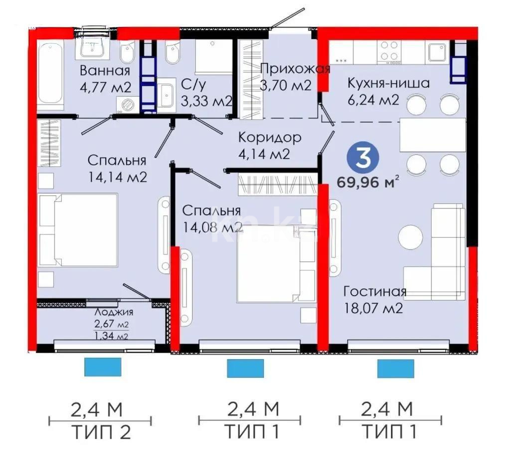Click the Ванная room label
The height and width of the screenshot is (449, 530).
105,70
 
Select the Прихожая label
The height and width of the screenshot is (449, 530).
295,69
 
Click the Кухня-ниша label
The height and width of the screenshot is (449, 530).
388,83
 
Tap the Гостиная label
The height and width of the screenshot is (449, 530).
375,291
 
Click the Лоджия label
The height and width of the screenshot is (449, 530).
114,313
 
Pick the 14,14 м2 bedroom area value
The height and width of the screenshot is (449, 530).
117,177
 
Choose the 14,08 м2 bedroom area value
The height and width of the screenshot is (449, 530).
211,227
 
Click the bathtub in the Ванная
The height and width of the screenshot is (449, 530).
51,77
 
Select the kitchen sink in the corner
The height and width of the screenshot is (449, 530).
437,51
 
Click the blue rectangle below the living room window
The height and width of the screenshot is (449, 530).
395,369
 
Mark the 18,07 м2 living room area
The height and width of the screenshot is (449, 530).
373,308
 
